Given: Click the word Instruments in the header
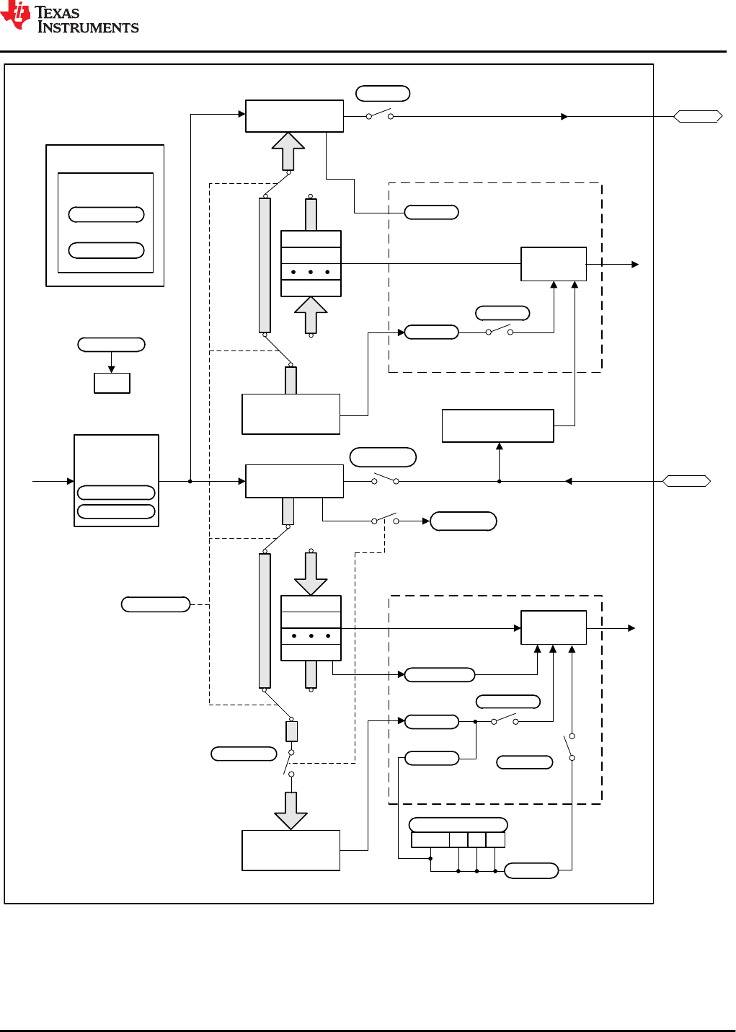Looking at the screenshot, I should [x=88, y=28].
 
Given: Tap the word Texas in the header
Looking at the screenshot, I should [x=57, y=12].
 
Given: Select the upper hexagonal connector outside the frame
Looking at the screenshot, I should [x=698, y=116].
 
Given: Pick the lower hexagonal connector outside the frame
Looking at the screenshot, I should [x=686, y=481].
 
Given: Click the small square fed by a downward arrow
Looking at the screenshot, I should [x=112, y=383].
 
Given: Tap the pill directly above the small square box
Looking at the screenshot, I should [x=111, y=345].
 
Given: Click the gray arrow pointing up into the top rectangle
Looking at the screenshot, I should [x=288, y=151].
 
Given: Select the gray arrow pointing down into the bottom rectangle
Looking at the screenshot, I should [x=291, y=811].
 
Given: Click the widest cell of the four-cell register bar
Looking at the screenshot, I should [x=430, y=840].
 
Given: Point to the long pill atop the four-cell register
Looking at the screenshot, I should [x=458, y=824].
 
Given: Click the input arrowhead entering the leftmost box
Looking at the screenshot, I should [x=71, y=481].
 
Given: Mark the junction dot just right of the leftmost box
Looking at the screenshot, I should [x=190, y=481].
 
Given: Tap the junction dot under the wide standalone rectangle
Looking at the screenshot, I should [x=499, y=481].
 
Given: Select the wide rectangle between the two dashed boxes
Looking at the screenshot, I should [x=497, y=425].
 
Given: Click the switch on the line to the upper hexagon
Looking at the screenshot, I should [x=380, y=115].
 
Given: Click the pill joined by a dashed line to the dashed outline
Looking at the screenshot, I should [x=156, y=604].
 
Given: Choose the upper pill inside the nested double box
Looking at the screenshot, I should [x=106, y=214].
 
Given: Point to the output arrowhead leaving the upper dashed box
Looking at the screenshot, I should [x=635, y=265].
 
